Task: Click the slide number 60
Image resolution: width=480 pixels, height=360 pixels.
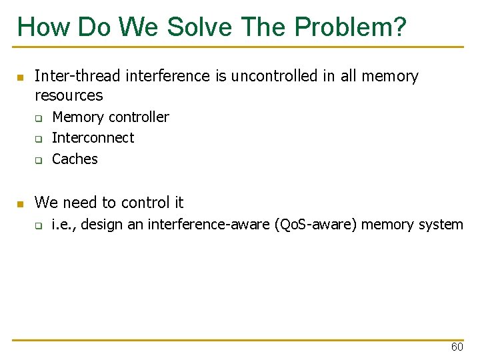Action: tap(457, 347)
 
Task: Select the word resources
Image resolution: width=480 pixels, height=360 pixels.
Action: tap(69, 95)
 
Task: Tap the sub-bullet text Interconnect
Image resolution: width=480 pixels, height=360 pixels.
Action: tap(93, 138)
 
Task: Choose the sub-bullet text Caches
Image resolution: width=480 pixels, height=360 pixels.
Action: tap(75, 159)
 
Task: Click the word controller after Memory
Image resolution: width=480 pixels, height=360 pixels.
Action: tap(139, 117)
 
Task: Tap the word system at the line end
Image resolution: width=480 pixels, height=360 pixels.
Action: tap(441, 225)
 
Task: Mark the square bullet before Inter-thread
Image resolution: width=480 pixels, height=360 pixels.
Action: tap(20, 77)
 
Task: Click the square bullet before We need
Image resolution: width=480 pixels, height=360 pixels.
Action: tap(20, 203)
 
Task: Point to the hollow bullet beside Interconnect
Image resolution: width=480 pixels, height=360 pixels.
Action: tap(39, 139)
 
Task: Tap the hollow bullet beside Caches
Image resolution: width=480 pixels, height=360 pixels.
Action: tap(39, 160)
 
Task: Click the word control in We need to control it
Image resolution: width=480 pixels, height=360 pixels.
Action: tap(145, 203)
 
